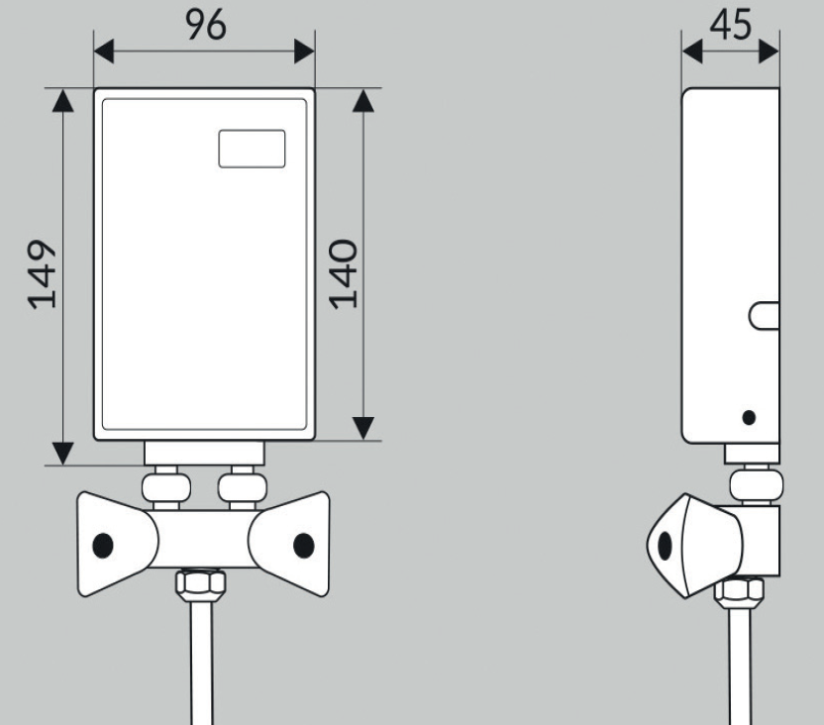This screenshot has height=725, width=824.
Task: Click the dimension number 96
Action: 206,25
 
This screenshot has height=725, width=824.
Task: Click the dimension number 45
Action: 731,25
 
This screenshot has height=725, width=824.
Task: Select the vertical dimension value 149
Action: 42,274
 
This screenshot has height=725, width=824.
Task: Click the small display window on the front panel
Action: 252,149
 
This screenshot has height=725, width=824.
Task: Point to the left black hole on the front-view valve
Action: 102,545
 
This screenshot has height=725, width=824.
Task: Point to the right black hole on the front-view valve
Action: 304,545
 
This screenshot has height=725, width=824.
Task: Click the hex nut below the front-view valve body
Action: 201,583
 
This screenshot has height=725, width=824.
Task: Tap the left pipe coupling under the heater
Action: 166,487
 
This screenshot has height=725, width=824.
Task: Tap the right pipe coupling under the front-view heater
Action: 243,487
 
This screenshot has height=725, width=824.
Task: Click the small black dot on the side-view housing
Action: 749,418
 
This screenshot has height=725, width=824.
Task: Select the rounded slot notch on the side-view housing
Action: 764,315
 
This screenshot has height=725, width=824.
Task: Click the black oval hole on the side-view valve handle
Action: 665,546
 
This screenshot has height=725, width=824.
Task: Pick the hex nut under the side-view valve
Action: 739,589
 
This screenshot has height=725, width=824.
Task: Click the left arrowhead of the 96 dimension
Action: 104,51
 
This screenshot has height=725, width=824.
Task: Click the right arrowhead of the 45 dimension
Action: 769,52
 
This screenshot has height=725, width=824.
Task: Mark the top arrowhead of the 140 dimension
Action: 363,100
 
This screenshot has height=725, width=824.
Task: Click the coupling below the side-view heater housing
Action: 756,484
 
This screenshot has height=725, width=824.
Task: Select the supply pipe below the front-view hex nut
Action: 201,661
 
